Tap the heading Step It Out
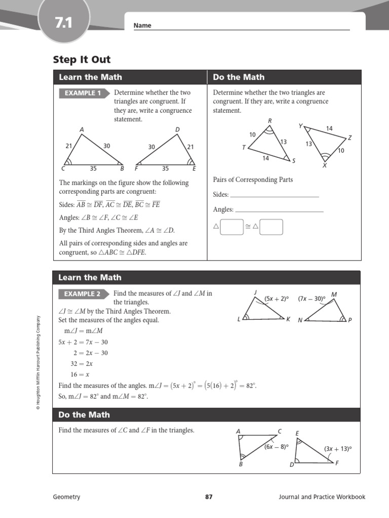(82, 60)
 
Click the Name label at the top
(142, 26)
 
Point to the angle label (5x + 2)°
(276, 298)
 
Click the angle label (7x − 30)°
(311, 298)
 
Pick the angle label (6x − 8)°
(276, 447)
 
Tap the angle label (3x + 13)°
(338, 448)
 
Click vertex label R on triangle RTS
(269, 120)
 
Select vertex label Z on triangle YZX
(349, 138)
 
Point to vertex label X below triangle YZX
(325, 165)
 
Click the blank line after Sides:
(275, 195)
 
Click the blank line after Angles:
(279, 210)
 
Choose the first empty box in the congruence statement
(232, 227)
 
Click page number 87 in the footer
(209, 497)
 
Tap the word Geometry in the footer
(66, 497)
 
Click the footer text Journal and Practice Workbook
(322, 497)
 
